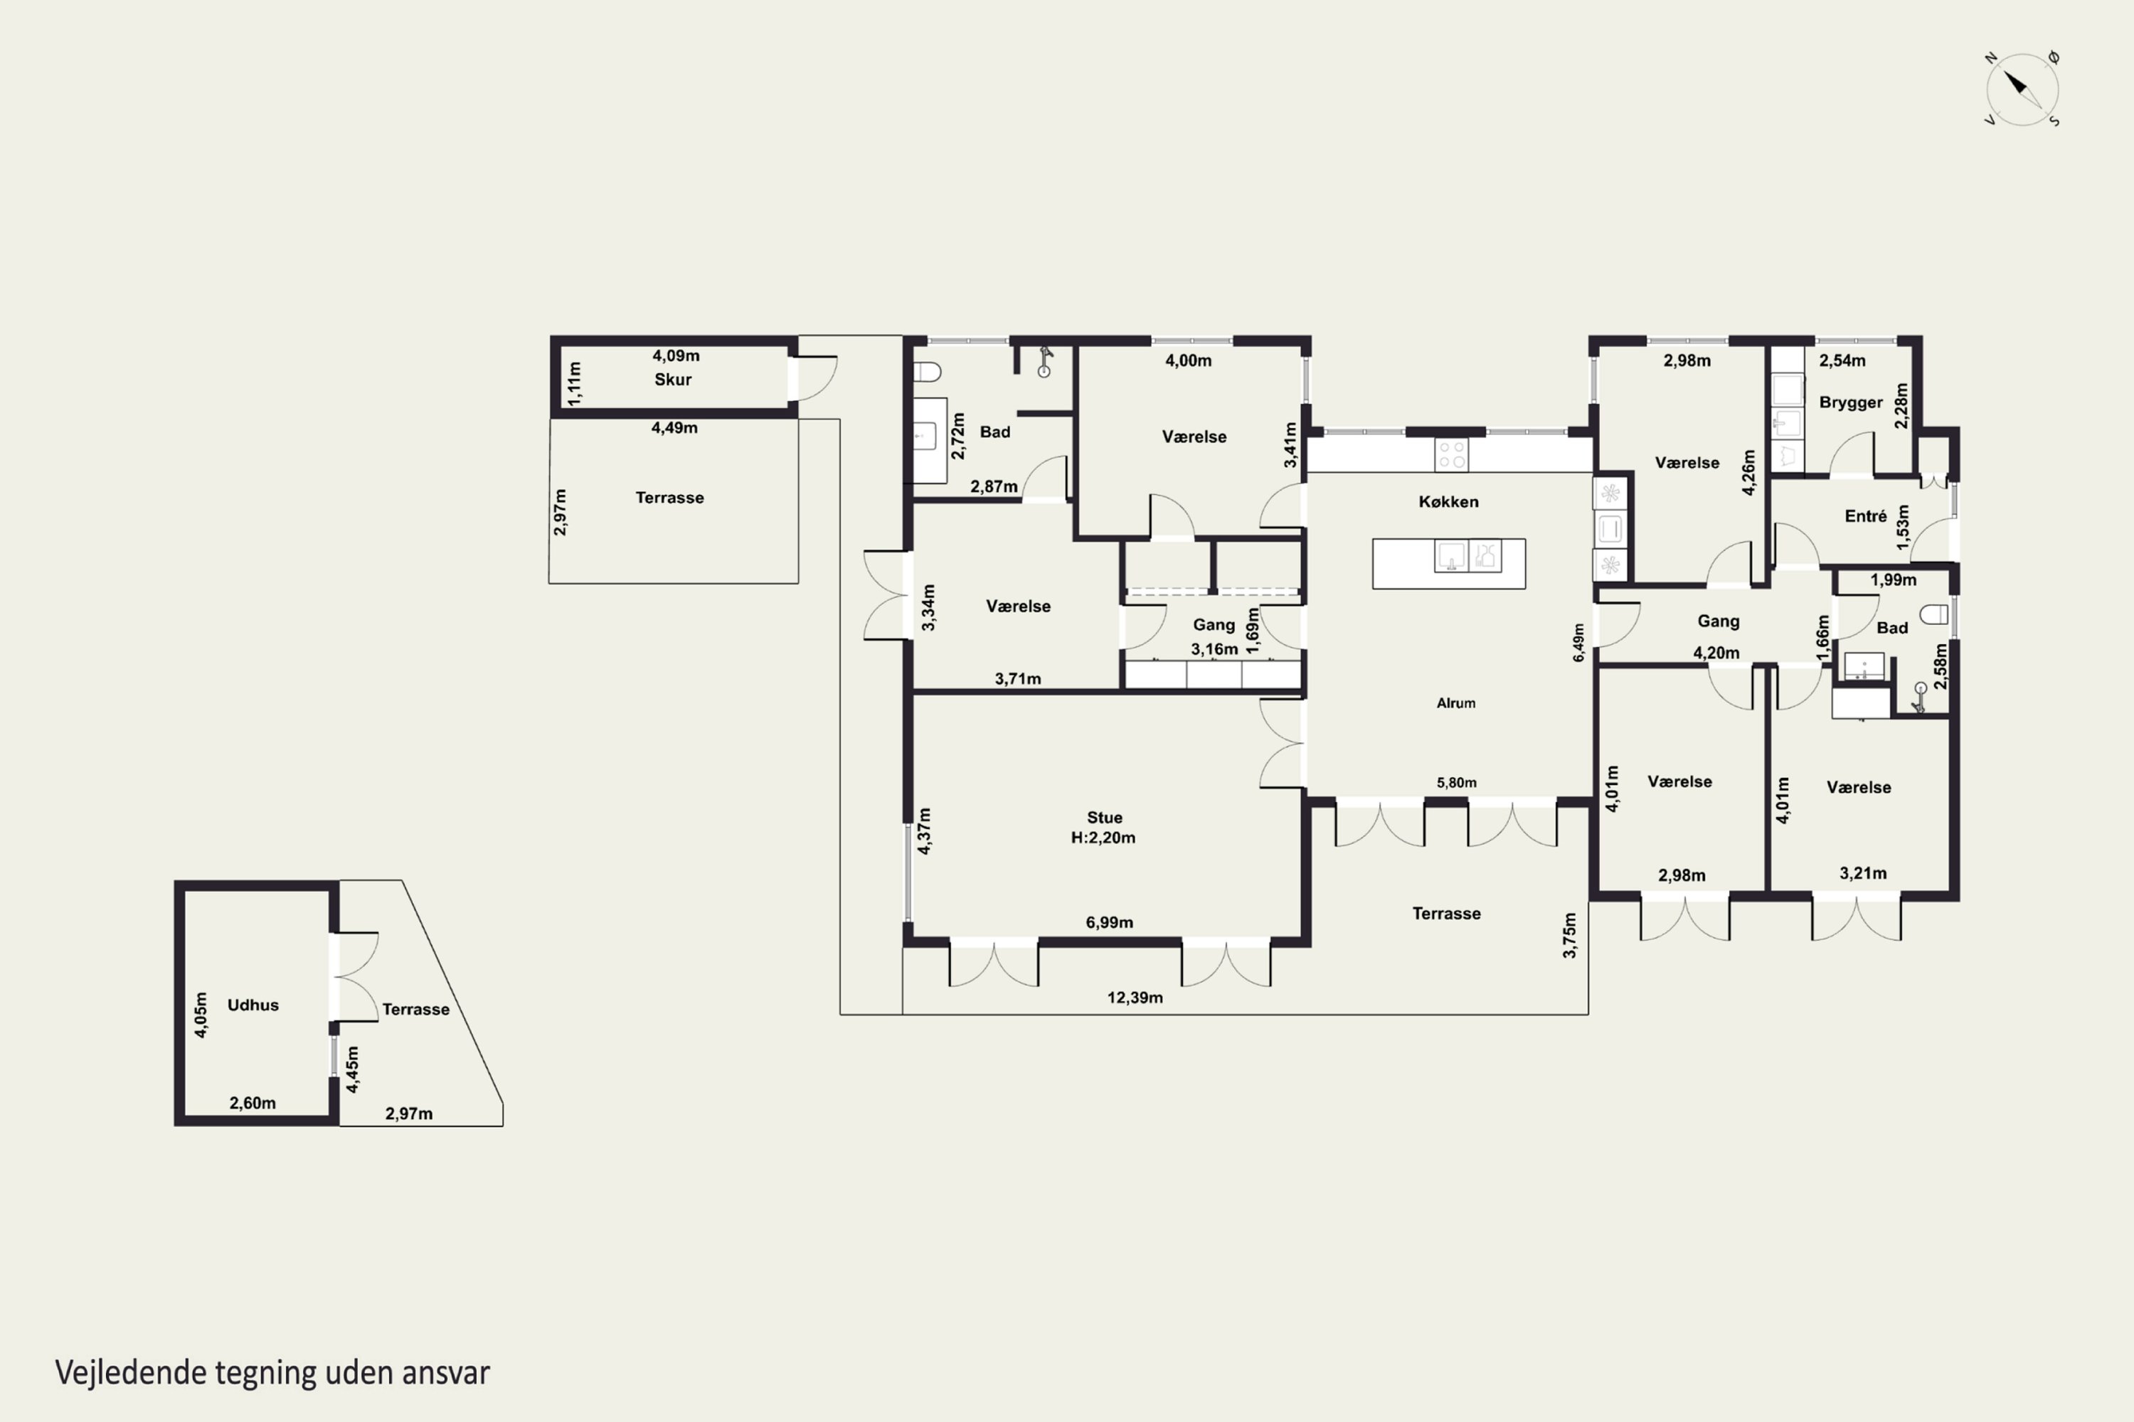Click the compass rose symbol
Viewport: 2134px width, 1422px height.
coord(2022,89)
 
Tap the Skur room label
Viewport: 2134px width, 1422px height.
coord(673,379)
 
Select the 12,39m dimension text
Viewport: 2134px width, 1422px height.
coord(1135,998)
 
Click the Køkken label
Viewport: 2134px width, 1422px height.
coord(1449,501)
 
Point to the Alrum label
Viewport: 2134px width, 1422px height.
coord(1456,703)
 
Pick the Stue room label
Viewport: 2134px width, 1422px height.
coord(1104,817)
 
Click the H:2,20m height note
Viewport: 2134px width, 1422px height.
coord(1103,837)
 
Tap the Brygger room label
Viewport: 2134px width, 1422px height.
coord(1851,402)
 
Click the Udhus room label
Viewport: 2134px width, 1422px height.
coord(253,1005)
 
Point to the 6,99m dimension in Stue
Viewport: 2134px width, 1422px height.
coord(1110,922)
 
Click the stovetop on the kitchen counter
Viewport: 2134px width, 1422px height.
coord(1452,454)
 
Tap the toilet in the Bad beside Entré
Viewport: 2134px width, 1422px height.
coord(1934,614)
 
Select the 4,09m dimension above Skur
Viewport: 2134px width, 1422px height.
coord(676,355)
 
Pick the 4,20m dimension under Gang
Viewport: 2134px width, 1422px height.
coord(1716,653)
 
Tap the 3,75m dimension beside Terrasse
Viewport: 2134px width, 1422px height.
coord(1570,935)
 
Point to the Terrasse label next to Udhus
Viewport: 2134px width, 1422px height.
coord(415,1010)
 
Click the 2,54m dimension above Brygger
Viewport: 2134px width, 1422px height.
coord(1843,360)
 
